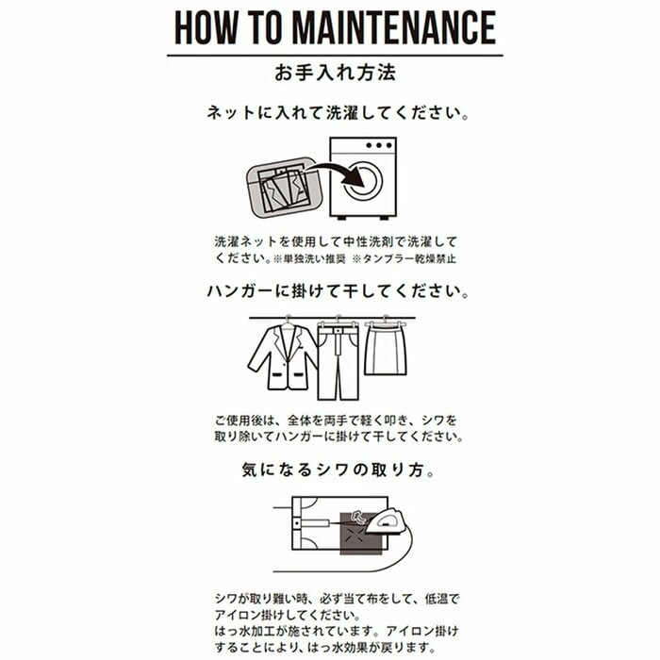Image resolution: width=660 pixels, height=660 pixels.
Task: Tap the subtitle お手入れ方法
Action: [x=330, y=73]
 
